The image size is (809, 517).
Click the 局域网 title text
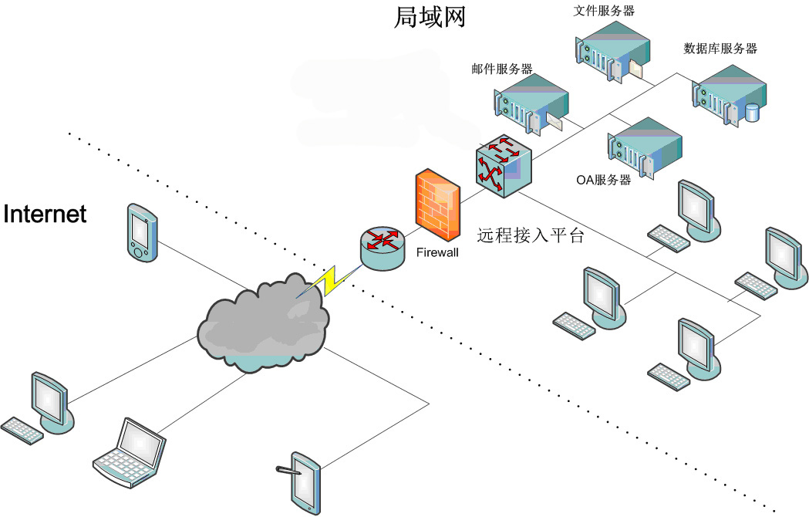(x=430, y=16)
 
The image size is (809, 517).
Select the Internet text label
(x=45, y=214)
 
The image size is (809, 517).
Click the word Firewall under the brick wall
(x=437, y=252)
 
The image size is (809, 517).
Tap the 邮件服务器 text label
(x=502, y=69)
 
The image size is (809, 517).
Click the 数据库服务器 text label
(x=720, y=49)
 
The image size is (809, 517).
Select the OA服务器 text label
(x=604, y=180)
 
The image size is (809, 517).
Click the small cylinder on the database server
(x=752, y=113)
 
